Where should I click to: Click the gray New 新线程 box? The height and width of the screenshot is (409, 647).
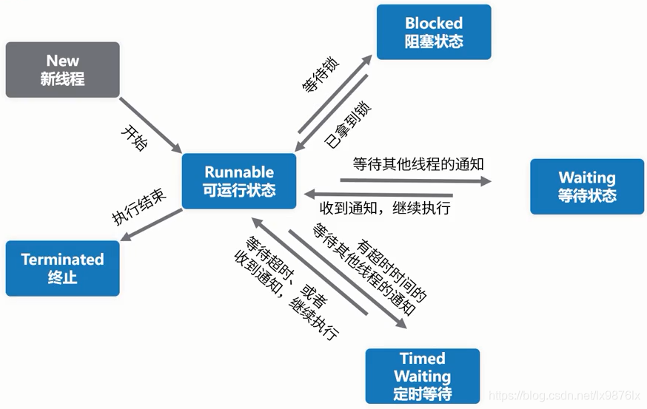pyautogui.click(x=62, y=70)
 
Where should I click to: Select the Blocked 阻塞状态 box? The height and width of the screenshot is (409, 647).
pyautogui.click(x=434, y=32)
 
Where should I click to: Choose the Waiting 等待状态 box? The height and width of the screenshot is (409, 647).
pyautogui.click(x=587, y=186)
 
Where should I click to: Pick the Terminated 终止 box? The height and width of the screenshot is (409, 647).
pyautogui.click(x=62, y=268)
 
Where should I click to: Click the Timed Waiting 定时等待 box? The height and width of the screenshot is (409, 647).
pyautogui.click(x=423, y=376)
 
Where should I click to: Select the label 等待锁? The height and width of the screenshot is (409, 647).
pyautogui.click(x=319, y=76)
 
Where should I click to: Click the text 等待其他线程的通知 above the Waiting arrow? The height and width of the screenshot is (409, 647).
pyautogui.click(x=418, y=164)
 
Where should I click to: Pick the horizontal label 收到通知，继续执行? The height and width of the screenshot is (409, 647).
pyautogui.click(x=385, y=208)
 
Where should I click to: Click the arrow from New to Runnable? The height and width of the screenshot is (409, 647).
pyautogui.click(x=151, y=124)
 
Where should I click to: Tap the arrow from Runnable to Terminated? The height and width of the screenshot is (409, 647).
pyautogui.click(x=151, y=225)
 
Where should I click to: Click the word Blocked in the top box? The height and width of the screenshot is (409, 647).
pyautogui.click(x=434, y=23)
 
